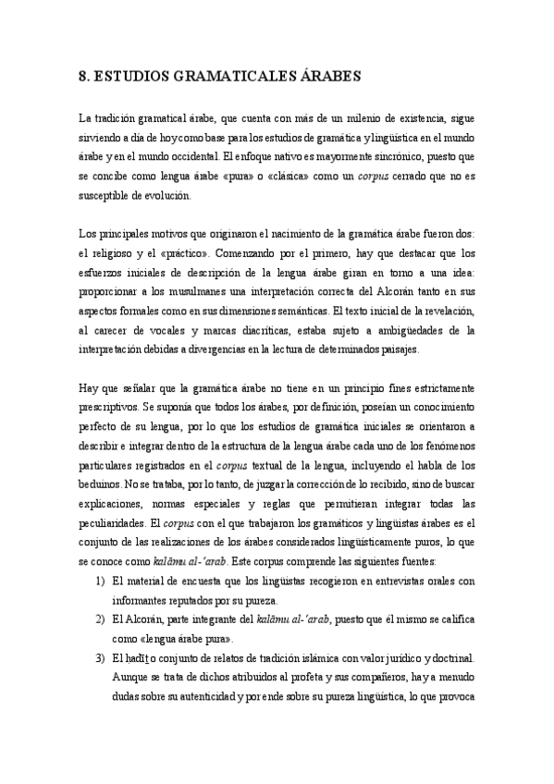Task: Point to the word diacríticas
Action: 277,330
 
